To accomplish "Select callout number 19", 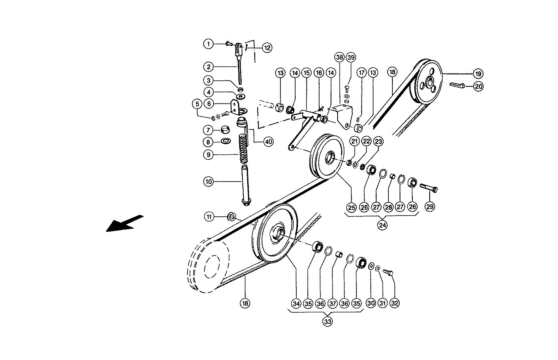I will coord(478,74).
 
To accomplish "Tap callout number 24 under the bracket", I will coord(382,225).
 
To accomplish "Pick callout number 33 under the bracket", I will coord(328,321).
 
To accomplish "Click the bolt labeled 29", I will coord(430,187).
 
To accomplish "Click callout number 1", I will coord(208,43).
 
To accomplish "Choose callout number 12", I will coord(267,48).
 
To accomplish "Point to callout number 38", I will coord(340,57).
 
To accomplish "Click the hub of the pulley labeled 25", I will coord(331,157).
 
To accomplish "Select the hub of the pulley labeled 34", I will coord(279,232).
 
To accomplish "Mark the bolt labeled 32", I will coord(388,273).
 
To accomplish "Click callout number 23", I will coord(378,141).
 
